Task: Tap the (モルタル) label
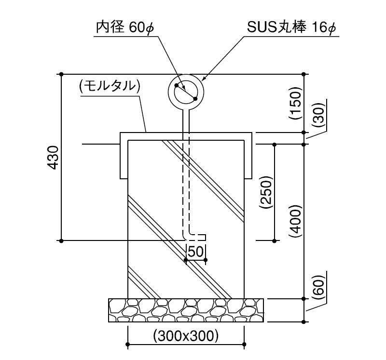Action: (x=109, y=86)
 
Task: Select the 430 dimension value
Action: (x=53, y=157)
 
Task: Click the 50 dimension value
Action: (x=196, y=251)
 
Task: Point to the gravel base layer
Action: (x=186, y=310)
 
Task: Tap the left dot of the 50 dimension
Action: (x=186, y=260)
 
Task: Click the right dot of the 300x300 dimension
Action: (x=244, y=345)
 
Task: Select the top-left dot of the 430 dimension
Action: (x=61, y=74)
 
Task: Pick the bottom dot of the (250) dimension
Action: (x=275, y=240)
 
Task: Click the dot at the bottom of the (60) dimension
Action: (x=303, y=321)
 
